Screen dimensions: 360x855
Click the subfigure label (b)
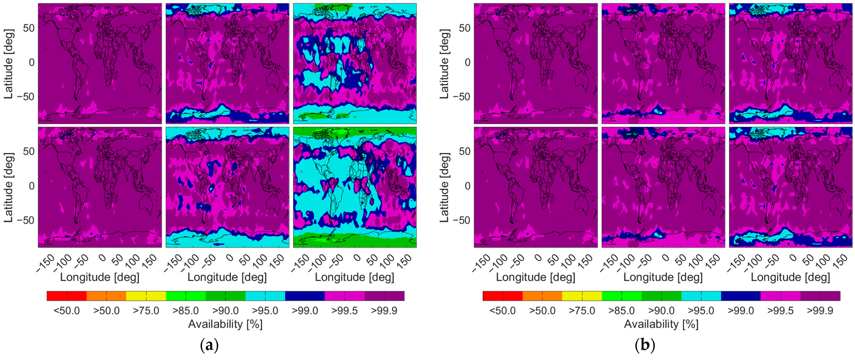coord(645,346)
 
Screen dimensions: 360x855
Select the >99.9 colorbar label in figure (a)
coord(384,311)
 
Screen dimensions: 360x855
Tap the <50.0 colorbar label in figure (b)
coord(503,311)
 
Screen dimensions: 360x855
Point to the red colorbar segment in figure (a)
coord(67,296)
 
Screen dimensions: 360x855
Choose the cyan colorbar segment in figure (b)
coord(701,296)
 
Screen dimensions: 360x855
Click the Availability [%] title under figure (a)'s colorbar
coord(225,324)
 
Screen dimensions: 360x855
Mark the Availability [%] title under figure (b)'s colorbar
coord(661,324)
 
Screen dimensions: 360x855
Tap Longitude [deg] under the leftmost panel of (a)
coord(100,277)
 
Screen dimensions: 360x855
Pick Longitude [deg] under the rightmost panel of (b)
coord(790,277)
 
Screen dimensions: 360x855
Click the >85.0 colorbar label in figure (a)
coord(186,311)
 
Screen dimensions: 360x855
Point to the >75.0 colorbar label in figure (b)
coord(582,311)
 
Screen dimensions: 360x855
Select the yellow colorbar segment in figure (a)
coord(146,296)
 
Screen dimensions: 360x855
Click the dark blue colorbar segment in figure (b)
coord(741,296)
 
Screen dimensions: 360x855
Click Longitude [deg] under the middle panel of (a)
coord(227,277)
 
